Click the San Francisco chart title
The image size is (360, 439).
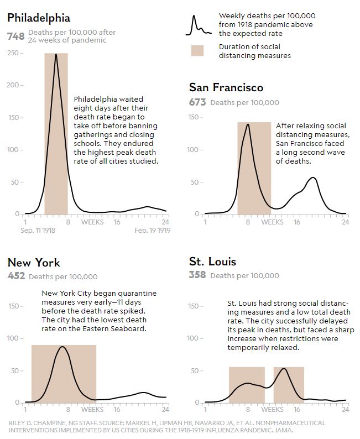point(226,88)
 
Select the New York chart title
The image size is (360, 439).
point(34,263)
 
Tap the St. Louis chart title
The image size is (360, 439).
point(212,262)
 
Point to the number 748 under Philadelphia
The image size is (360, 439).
point(15,36)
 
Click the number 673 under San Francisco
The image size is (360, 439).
point(197,102)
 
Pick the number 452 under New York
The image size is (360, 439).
point(15,276)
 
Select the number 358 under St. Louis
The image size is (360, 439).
point(197,275)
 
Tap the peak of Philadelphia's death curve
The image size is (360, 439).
point(56,55)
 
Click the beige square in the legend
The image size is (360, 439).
point(197,50)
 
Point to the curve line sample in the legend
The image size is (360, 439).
point(199,25)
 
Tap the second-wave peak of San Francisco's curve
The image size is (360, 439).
point(313,177)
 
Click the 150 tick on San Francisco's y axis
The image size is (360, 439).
point(194,117)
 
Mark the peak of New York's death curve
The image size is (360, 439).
point(63,347)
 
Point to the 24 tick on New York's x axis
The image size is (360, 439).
point(165,410)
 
